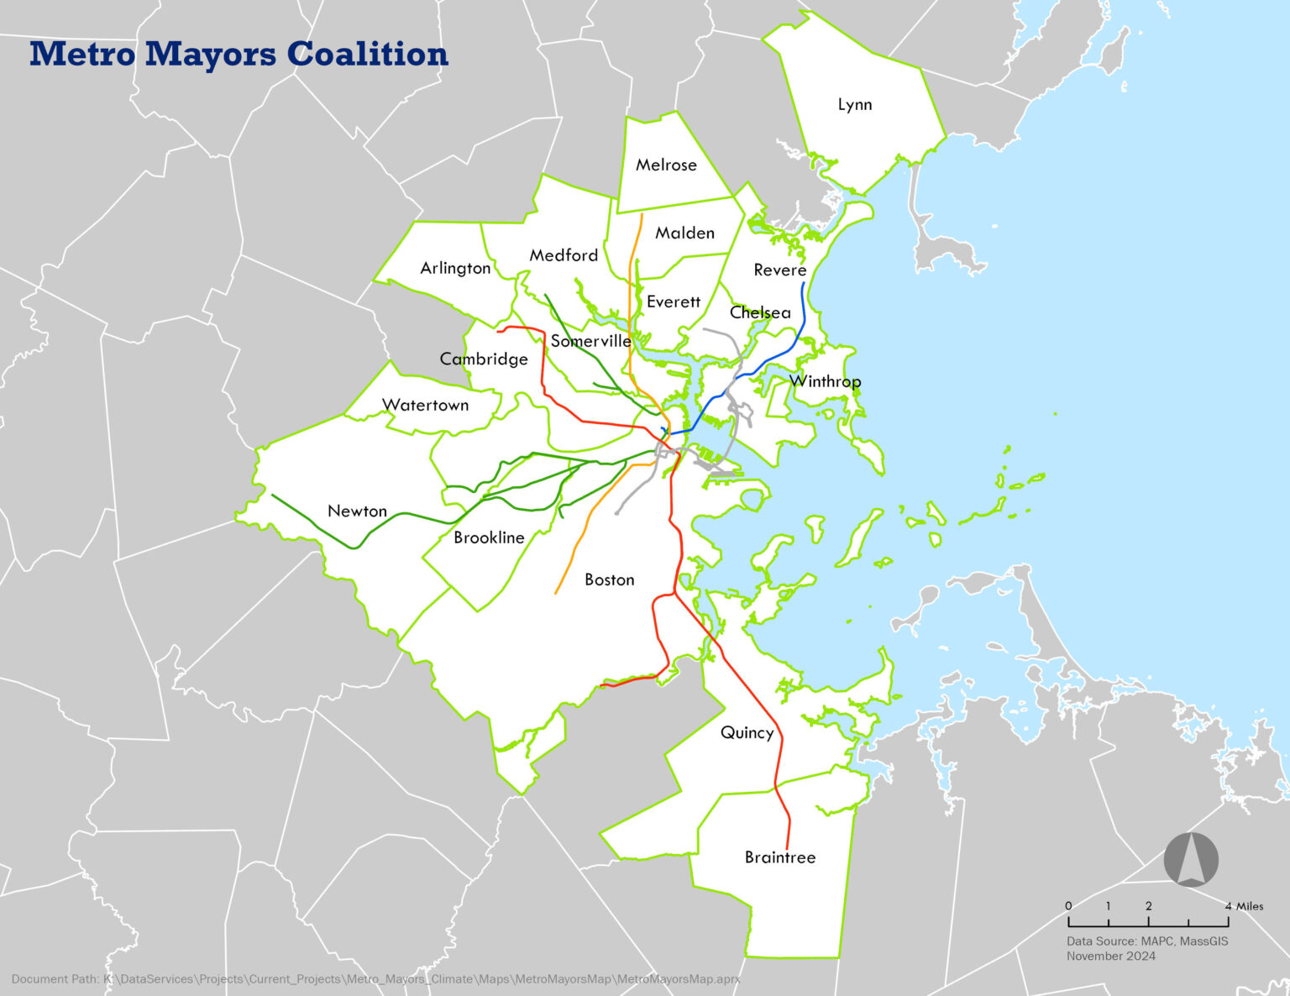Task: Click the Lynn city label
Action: (855, 105)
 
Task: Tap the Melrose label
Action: (666, 165)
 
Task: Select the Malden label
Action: (685, 233)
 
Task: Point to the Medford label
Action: (564, 255)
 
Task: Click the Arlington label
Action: (455, 269)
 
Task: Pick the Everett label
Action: (674, 301)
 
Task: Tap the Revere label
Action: (779, 270)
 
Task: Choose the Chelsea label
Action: (760, 312)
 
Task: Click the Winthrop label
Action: (826, 382)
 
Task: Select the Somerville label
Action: (591, 341)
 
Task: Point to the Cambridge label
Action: (484, 359)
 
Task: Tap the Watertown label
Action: (426, 406)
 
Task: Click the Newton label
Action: (357, 511)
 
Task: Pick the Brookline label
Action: (489, 538)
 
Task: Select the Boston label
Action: (610, 580)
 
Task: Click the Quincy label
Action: (747, 733)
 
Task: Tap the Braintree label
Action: (780, 857)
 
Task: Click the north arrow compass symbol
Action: (1191, 859)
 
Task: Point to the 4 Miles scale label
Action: (1245, 906)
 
